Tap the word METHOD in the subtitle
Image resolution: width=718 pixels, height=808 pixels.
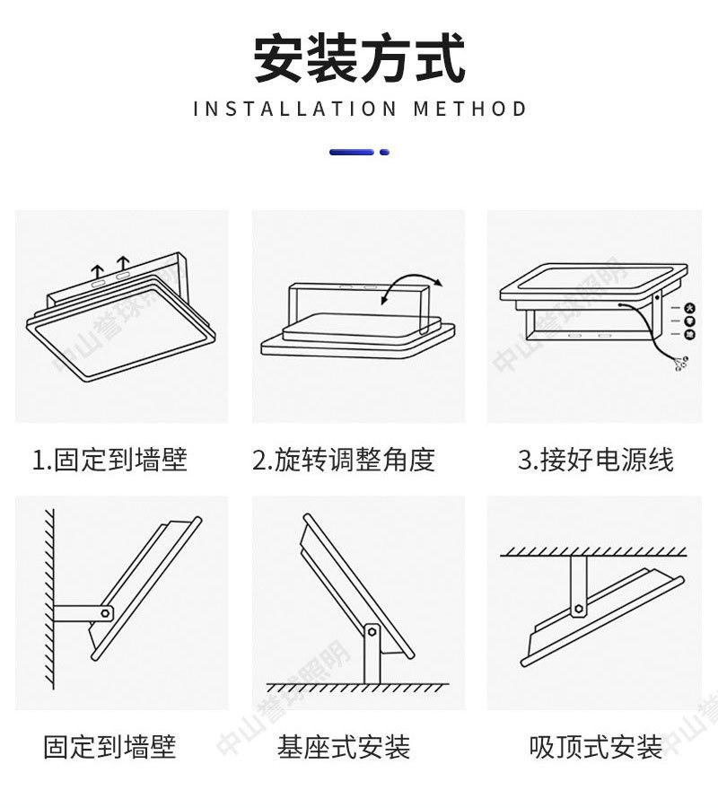[x=470, y=110]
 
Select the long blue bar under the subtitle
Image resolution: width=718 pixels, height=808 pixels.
[x=352, y=153]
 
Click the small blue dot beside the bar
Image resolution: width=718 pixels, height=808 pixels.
[x=385, y=153]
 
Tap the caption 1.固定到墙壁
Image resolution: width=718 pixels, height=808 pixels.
[x=109, y=461]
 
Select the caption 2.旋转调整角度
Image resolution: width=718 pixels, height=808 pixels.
[x=344, y=461]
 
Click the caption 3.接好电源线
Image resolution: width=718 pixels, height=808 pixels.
[x=596, y=461]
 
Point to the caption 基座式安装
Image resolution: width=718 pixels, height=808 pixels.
[x=344, y=747]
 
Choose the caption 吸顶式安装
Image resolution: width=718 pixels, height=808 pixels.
[x=596, y=747]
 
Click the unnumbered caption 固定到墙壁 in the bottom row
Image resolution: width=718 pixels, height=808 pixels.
[x=109, y=747]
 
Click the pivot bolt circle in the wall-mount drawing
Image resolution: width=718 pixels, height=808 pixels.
[x=105, y=613]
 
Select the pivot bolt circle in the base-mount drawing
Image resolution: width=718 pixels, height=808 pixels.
[x=370, y=635]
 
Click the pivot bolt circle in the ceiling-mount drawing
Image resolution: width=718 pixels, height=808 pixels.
[x=579, y=610]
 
